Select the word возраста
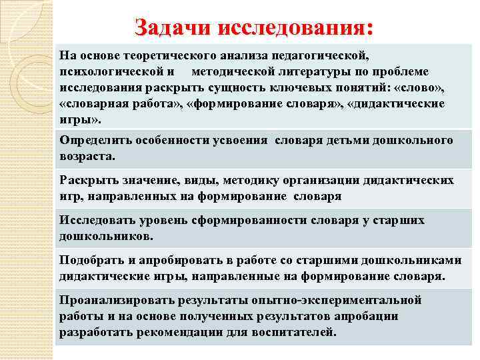pyautogui.click(x=87, y=157)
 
